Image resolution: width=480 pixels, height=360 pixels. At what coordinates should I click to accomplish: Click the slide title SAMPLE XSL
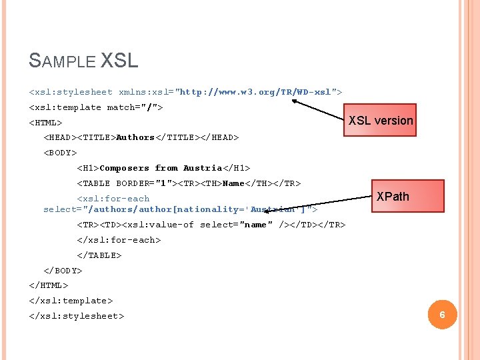[83, 61]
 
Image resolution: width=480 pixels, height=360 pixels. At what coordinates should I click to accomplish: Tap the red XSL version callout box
[381, 121]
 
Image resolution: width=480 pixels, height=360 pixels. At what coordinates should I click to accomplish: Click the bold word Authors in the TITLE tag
[135, 137]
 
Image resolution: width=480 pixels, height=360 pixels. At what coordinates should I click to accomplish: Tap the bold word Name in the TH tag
[234, 183]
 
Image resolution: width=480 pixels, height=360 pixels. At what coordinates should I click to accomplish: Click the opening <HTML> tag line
[45, 123]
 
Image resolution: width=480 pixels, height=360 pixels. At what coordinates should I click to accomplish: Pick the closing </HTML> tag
[49, 285]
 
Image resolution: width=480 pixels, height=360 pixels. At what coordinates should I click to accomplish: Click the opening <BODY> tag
[60, 153]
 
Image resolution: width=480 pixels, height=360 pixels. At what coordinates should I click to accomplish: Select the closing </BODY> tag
[63, 271]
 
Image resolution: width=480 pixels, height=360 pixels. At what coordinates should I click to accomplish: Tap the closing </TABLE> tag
[99, 255]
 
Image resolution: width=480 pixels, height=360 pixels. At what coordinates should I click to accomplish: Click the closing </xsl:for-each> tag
[119, 240]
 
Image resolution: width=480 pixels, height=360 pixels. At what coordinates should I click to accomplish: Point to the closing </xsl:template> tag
[71, 301]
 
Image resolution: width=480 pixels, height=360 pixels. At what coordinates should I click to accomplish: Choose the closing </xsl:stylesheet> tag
[76, 316]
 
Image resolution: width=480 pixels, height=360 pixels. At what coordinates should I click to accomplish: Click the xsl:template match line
[96, 107]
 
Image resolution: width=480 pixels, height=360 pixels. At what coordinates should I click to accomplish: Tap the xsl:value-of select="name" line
[211, 225]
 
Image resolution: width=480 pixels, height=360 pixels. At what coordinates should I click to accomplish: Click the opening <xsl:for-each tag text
[113, 199]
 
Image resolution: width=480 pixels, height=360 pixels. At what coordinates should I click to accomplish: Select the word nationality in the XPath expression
[209, 209]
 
